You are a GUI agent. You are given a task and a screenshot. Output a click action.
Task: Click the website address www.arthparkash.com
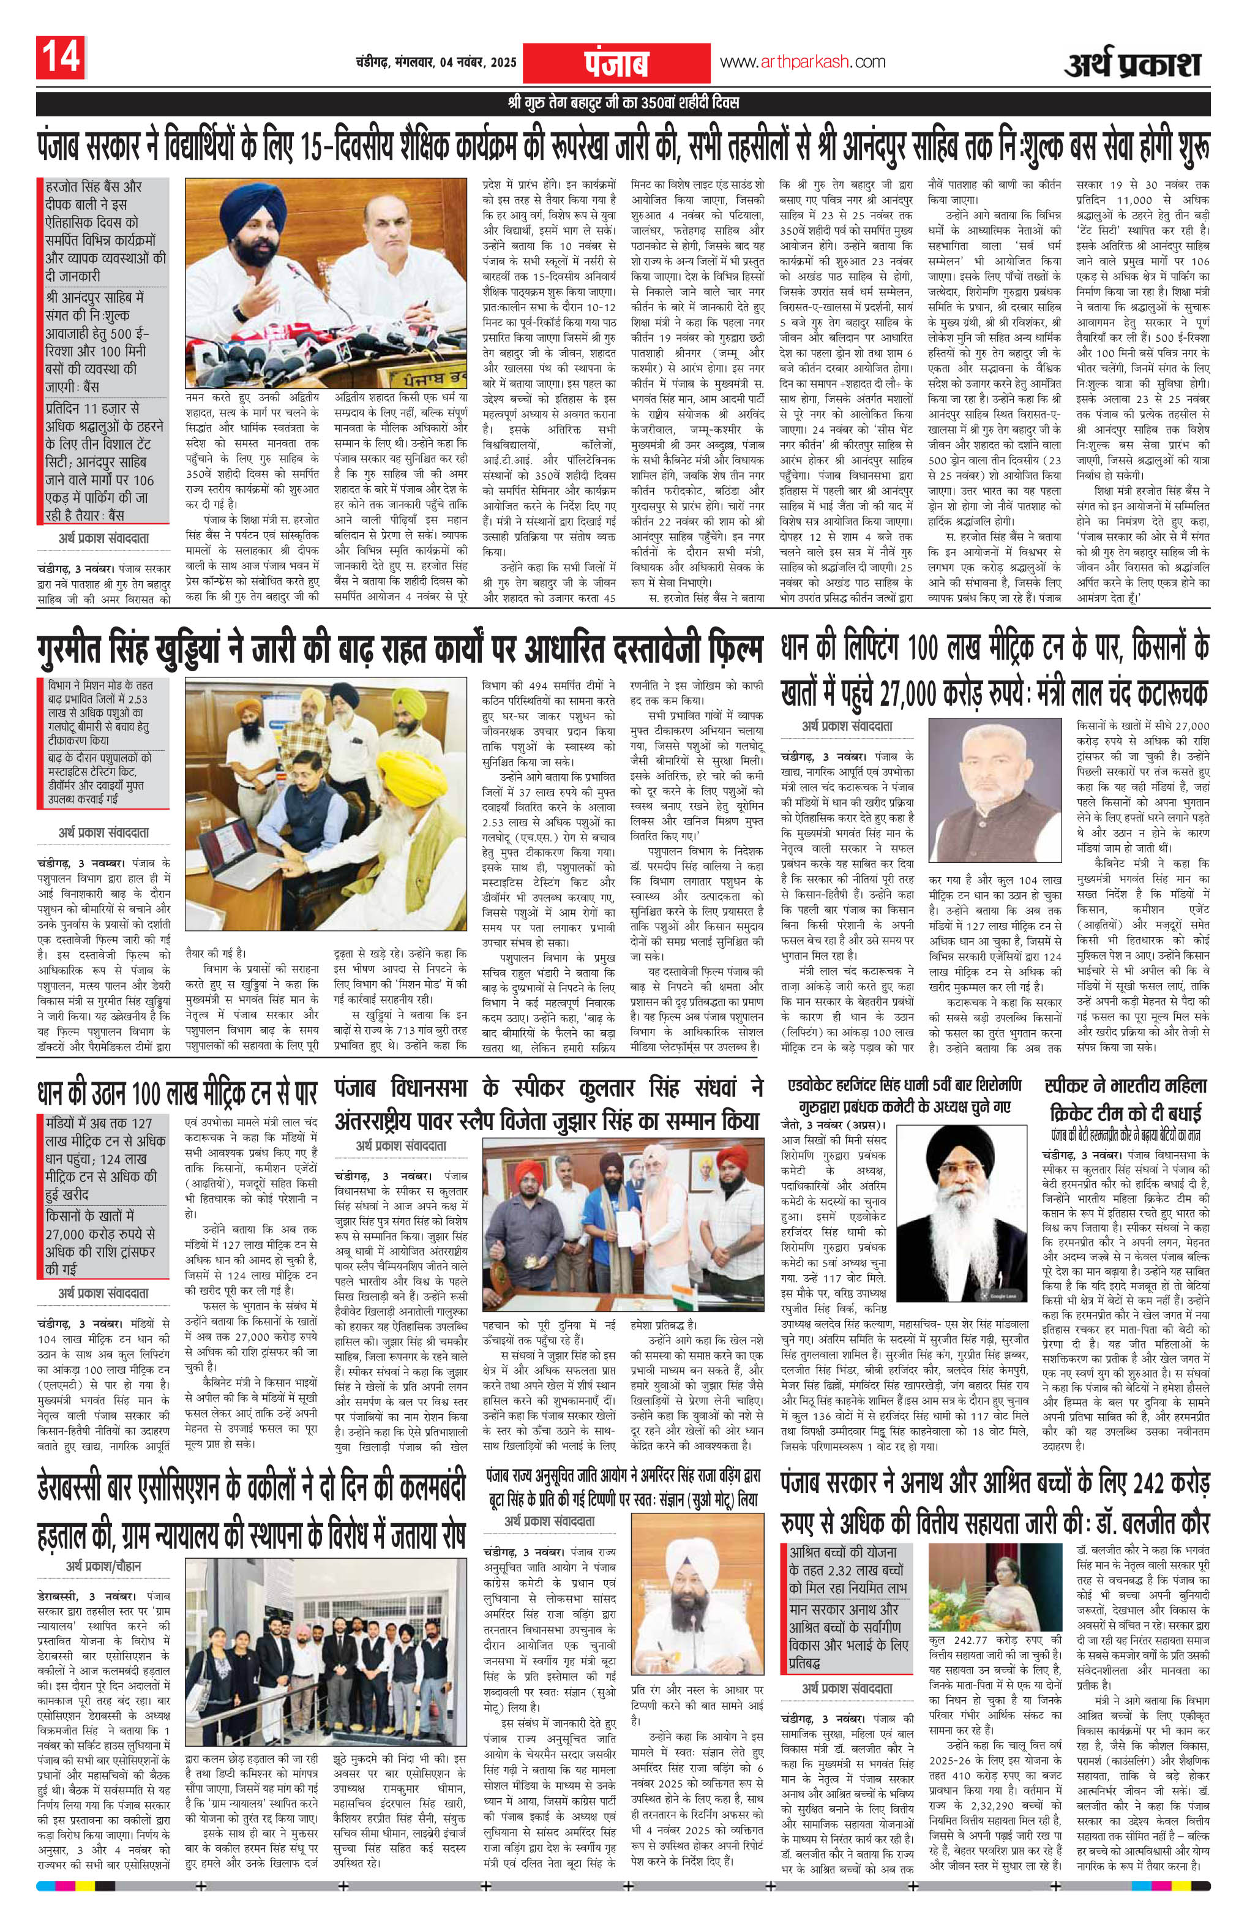[x=802, y=62]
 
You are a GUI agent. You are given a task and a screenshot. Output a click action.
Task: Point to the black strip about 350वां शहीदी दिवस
[x=623, y=104]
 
